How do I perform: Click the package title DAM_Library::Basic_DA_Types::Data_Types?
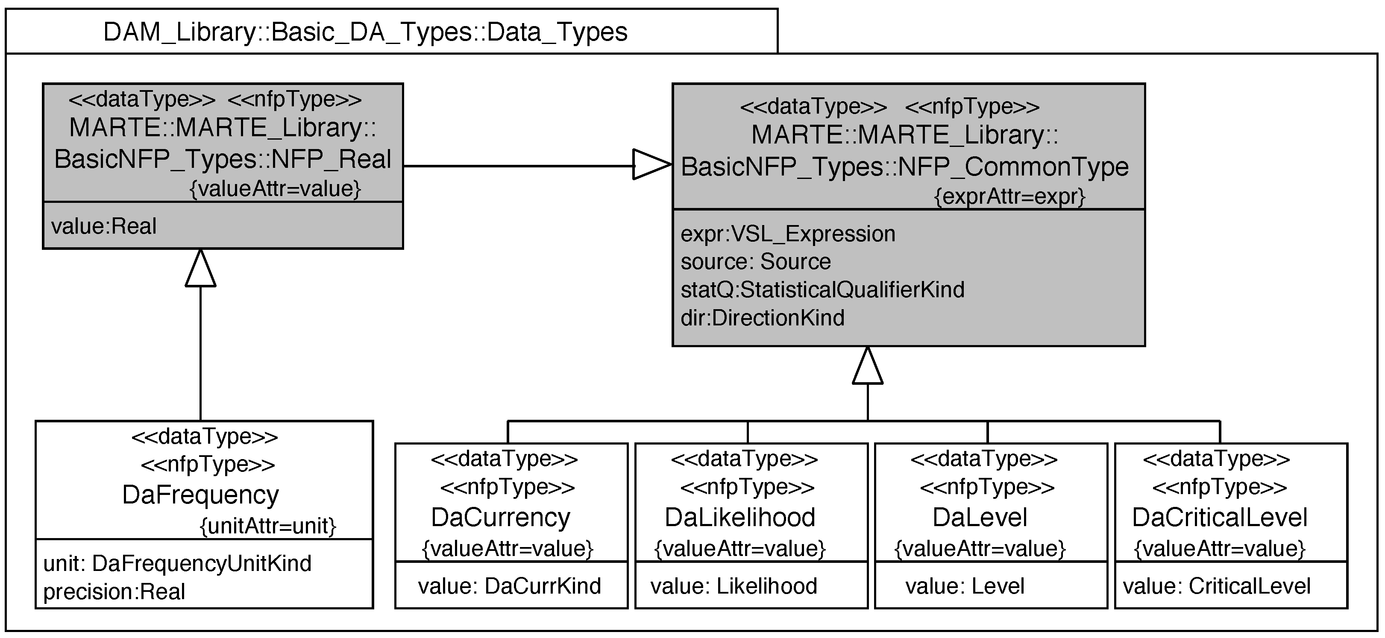point(365,32)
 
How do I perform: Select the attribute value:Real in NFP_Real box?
point(104,226)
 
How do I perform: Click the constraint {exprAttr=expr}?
point(1009,197)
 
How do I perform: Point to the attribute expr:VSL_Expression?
point(788,234)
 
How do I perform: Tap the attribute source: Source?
point(755,262)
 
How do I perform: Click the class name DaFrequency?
point(200,495)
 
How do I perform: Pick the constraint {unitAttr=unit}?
point(268,526)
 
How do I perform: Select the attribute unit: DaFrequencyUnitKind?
point(177,564)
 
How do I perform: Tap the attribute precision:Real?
point(114,592)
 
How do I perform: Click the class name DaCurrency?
point(501,518)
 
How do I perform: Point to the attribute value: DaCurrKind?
point(509,586)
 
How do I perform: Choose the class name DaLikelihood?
point(740,518)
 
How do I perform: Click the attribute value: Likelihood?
point(734,586)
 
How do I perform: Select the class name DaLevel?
point(980,518)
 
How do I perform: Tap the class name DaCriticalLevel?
point(1219,518)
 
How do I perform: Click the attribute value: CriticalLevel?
point(1216,586)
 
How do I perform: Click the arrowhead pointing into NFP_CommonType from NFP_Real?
point(651,164)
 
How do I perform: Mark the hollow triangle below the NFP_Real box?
point(200,269)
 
